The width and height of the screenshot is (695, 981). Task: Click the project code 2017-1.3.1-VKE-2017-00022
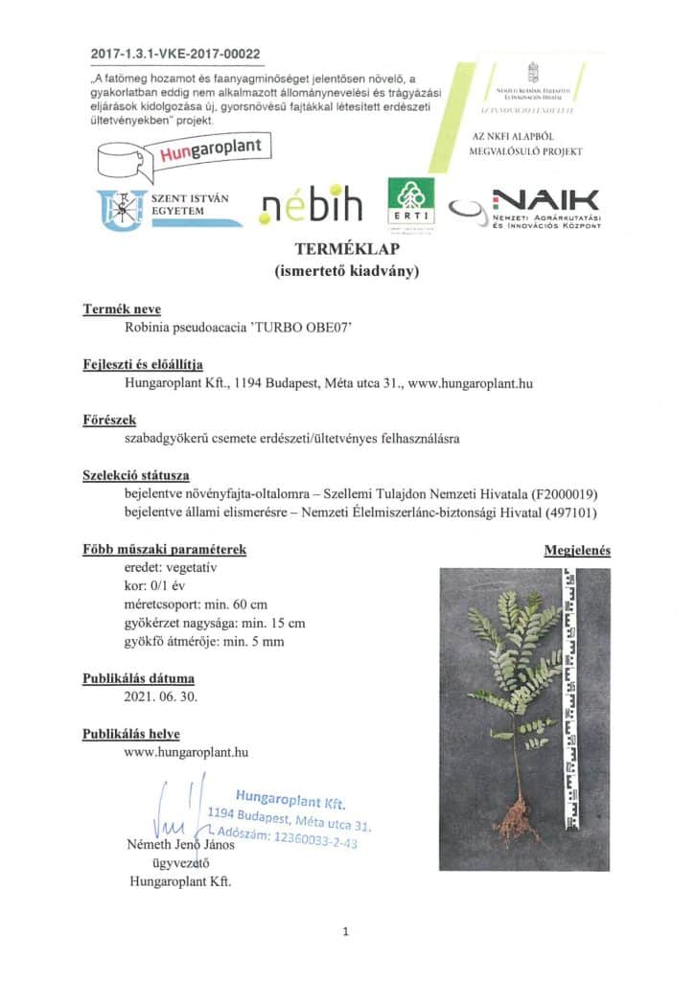coord(176,55)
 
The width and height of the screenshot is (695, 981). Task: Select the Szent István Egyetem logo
coord(169,207)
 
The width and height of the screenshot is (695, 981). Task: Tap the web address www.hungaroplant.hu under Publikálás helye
coord(187,752)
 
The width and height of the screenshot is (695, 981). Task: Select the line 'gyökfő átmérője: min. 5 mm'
coord(204,642)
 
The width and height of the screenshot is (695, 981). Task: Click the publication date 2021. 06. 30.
coord(161,696)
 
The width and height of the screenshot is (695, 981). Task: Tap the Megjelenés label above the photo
coord(577,551)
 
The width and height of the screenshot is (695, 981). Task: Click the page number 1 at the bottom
coord(346,931)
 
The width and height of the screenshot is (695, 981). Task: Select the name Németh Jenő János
coord(184,846)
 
